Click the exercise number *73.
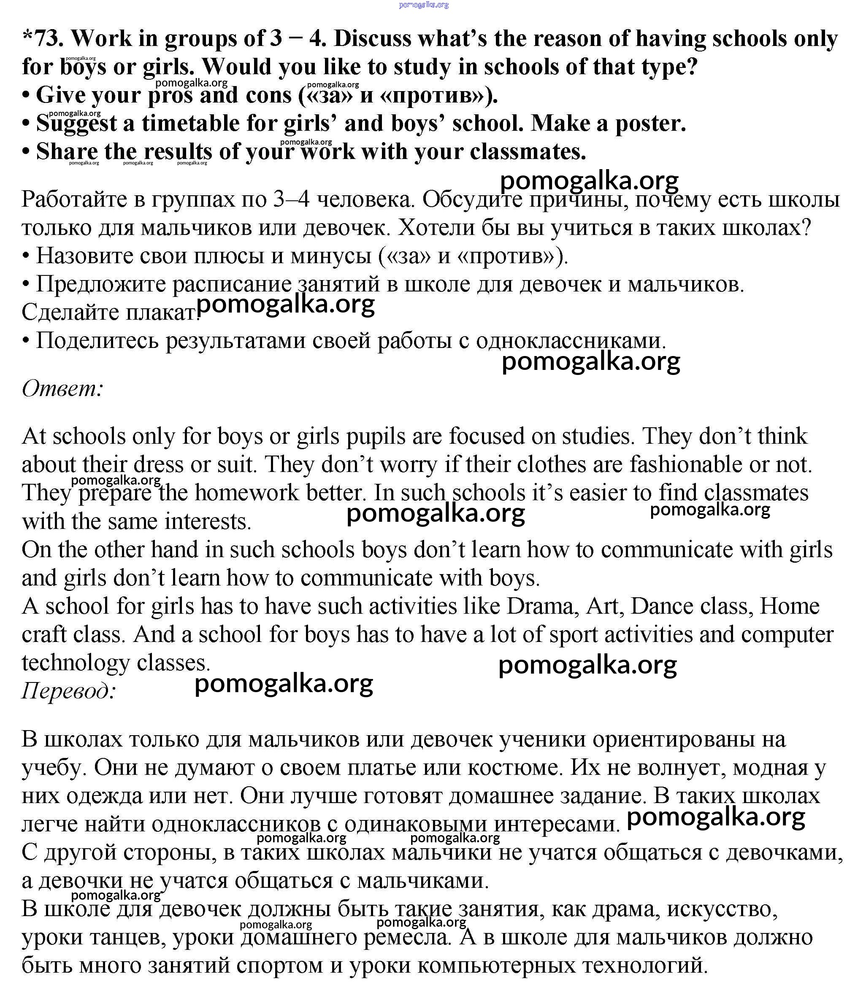(43, 38)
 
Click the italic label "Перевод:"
(69, 691)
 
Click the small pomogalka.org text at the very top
(424, 5)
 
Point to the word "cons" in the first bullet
(268, 95)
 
